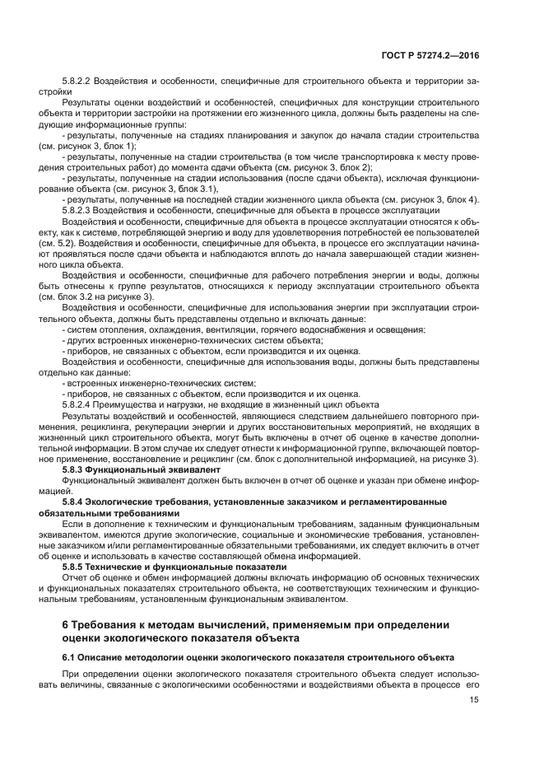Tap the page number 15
point(474,701)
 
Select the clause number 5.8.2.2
point(78,82)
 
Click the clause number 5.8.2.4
point(78,404)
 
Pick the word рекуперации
point(157,426)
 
